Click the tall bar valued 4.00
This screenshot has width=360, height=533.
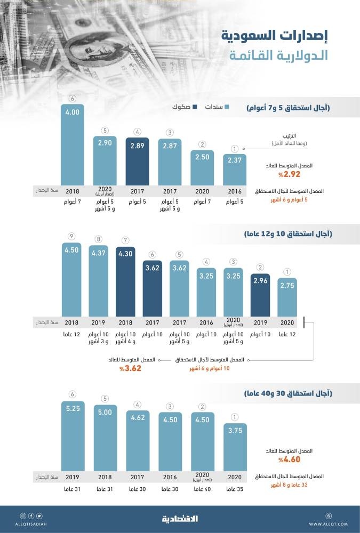pyautogui.click(x=72, y=144)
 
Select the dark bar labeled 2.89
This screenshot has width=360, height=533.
pyautogui.click(x=137, y=160)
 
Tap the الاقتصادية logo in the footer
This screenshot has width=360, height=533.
pyautogui.click(x=180, y=519)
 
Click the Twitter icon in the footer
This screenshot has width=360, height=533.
pyautogui.click(x=39, y=516)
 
